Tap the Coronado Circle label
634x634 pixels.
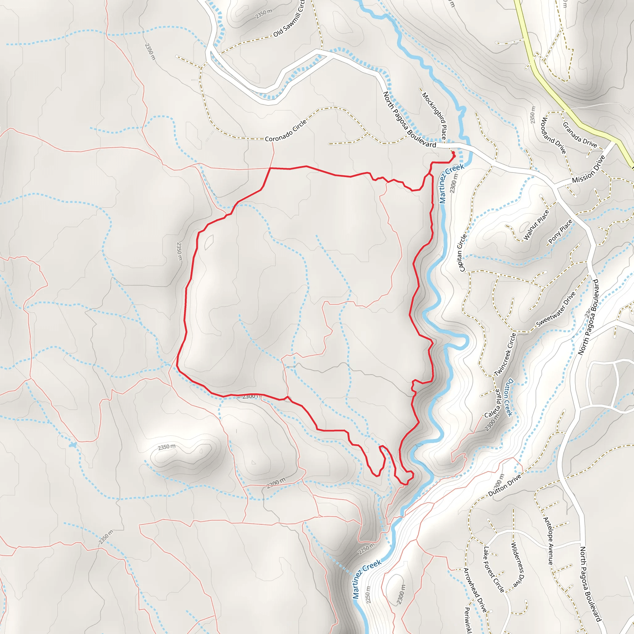pos(285,131)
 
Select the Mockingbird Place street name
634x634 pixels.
pos(434,115)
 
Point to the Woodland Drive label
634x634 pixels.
pos(553,135)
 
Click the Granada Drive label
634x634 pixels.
pos(580,135)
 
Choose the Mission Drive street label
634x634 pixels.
pos(588,170)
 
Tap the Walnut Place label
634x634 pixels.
pos(536,225)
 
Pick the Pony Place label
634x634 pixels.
pos(560,231)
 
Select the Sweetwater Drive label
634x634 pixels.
pos(556,310)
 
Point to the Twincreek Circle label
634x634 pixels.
pos(505,354)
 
